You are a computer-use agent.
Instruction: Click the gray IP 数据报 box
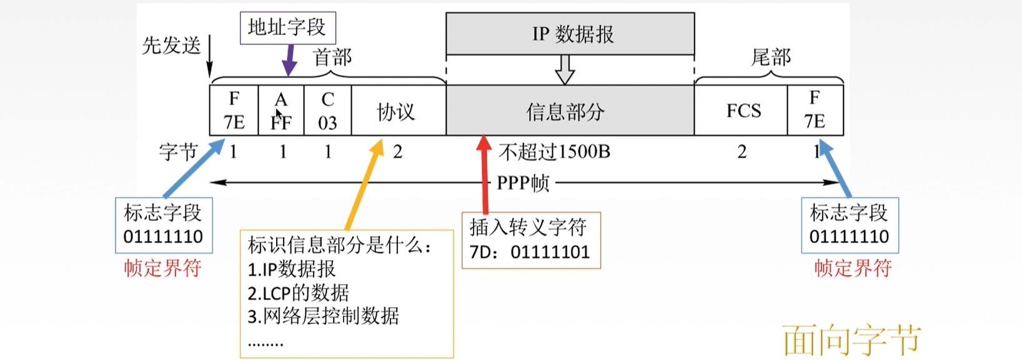pos(570,34)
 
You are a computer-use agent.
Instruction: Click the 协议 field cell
pos(398,111)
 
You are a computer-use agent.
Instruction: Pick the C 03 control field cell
pos(327,111)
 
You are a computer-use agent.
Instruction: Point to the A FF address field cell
pos(281,111)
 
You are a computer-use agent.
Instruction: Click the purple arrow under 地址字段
pos(289,61)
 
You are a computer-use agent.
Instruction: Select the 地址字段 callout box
pos(287,27)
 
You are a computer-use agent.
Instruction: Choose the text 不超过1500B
pos(554,152)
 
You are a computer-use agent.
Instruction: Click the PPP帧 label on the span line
pos(523,183)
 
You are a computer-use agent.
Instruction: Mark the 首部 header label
pos(332,57)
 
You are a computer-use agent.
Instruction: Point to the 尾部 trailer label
pos(771,57)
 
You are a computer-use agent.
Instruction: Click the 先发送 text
pos(171,45)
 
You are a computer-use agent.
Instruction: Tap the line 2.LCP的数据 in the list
pos(298,292)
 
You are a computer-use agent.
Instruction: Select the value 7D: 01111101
pos(530,252)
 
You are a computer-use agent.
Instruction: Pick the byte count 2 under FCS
pos(742,152)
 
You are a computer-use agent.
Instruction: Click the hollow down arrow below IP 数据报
pos(565,69)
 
